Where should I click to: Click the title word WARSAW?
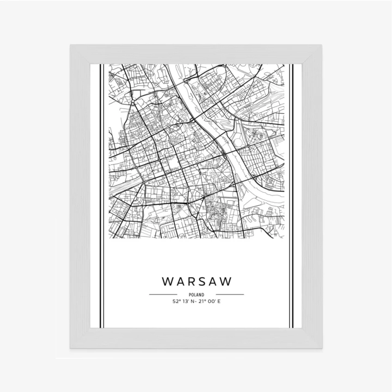(x=196, y=282)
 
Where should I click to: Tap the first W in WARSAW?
(x=168, y=282)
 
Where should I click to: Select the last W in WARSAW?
(x=225, y=282)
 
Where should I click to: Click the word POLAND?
(x=196, y=295)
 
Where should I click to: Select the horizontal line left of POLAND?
(x=163, y=295)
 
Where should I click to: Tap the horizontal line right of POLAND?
(x=230, y=295)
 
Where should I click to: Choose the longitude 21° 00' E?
(x=210, y=301)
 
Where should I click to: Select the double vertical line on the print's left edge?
(x=101, y=196)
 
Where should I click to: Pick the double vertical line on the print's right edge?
(x=291, y=196)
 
